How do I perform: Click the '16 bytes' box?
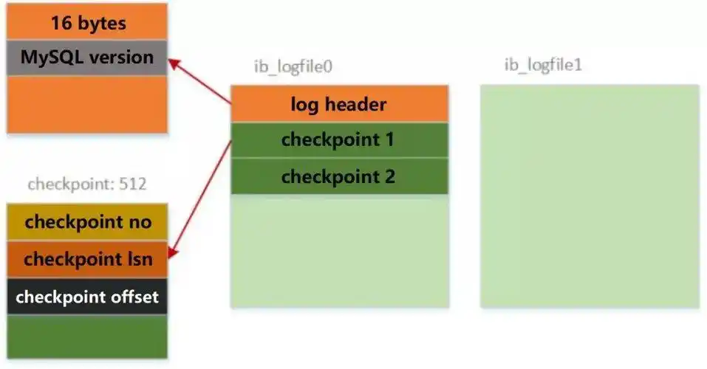click(88, 23)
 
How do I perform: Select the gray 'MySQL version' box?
click(88, 57)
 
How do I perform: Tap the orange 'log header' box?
click(339, 104)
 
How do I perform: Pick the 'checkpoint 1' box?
click(339, 139)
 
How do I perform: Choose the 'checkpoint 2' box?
click(339, 176)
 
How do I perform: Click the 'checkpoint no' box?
click(88, 222)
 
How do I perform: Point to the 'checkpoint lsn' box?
click(88, 259)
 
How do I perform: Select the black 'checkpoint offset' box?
click(88, 297)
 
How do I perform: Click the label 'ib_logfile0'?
click(293, 66)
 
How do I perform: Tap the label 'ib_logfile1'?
click(543, 64)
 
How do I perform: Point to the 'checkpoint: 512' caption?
click(87, 184)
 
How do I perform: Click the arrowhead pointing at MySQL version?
click(173, 63)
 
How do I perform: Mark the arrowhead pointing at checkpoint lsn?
click(171, 253)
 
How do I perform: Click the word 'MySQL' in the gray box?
click(49, 57)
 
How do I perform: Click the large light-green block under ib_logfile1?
click(589, 196)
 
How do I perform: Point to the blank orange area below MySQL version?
click(88, 103)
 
